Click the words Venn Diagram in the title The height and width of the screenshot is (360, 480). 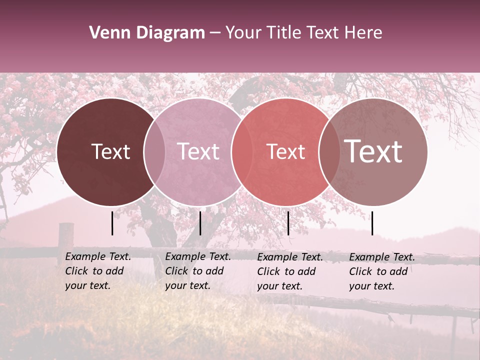pos(147,33)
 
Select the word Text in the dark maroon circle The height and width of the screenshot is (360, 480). pos(110,151)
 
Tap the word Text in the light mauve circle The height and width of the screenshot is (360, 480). pos(198,151)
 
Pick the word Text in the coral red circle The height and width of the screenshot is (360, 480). pos(285,151)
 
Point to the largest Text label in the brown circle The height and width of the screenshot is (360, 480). pos(373,151)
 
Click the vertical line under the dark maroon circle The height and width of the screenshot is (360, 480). pos(112,223)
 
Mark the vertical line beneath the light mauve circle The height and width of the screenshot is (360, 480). pos(200,223)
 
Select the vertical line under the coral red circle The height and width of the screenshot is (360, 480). pos(288,223)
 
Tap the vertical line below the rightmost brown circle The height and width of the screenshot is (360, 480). pos(372,223)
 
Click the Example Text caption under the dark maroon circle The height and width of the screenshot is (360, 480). pos(98,271)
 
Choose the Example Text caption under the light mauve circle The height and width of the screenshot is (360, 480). pos(198,271)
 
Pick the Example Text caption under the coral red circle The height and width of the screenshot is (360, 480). pos(290,271)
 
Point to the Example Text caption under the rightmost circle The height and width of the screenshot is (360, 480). pos(382,271)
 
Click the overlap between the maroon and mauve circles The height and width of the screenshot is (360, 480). pos(154,151)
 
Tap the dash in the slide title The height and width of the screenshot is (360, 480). pos(215,33)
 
